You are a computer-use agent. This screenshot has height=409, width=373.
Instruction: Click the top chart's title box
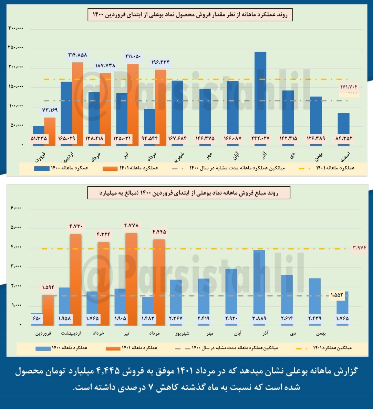[190, 15]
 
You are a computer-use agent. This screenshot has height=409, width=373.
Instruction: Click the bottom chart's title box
[189, 193]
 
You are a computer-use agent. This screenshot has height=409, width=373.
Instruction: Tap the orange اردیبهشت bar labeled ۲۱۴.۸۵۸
[77, 100]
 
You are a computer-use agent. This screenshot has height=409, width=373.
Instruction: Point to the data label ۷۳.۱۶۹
[50, 110]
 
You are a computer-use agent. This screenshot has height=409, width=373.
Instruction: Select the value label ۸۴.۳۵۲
[343, 139]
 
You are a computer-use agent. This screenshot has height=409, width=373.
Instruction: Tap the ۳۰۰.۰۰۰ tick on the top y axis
[16, 28]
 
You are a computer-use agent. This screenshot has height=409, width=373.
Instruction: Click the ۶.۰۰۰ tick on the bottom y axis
[16, 208]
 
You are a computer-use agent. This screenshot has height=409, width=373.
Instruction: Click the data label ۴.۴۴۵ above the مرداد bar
[159, 232]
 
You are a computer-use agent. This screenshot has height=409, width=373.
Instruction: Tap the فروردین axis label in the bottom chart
[43, 333]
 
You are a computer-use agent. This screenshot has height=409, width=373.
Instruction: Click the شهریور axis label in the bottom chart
[182, 333]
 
